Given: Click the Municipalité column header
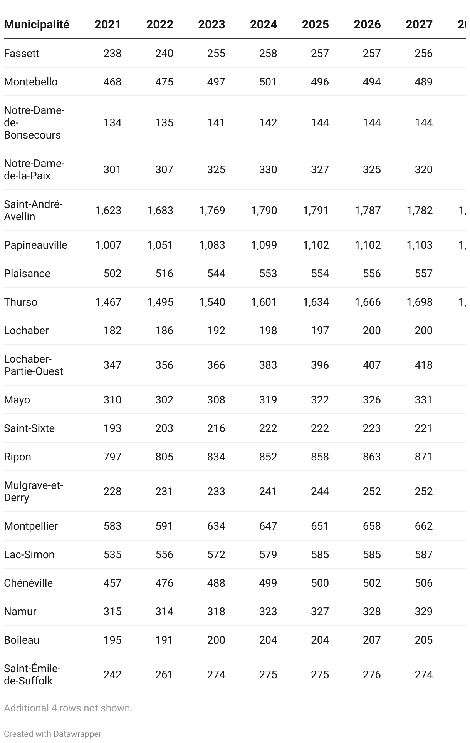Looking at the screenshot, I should (x=37, y=25).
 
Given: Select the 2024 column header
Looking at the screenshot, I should (x=264, y=25).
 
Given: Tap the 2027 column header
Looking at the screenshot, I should (x=419, y=25).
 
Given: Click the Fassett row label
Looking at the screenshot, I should (x=22, y=53).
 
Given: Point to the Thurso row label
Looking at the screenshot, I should (x=21, y=302).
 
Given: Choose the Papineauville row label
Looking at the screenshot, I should (x=35, y=245).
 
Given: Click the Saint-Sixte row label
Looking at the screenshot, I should (x=29, y=428).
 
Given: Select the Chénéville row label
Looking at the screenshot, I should (x=28, y=583).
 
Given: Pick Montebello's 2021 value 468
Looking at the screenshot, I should (x=112, y=82).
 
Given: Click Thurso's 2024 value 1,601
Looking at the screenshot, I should (x=264, y=302).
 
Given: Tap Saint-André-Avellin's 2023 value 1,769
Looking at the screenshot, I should (x=212, y=210).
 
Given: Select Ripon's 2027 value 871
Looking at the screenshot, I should (x=424, y=457).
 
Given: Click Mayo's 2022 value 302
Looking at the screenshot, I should (x=164, y=400).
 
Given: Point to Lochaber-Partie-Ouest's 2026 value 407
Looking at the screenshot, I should (x=372, y=365).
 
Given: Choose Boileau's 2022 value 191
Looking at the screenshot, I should (x=164, y=640).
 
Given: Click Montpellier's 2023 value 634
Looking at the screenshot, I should (x=216, y=526).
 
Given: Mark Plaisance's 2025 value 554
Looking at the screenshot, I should (x=320, y=273).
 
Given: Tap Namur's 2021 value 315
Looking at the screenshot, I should (x=112, y=611).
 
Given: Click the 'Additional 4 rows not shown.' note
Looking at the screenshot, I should (x=68, y=708).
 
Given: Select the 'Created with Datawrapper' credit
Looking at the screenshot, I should (x=53, y=734).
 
